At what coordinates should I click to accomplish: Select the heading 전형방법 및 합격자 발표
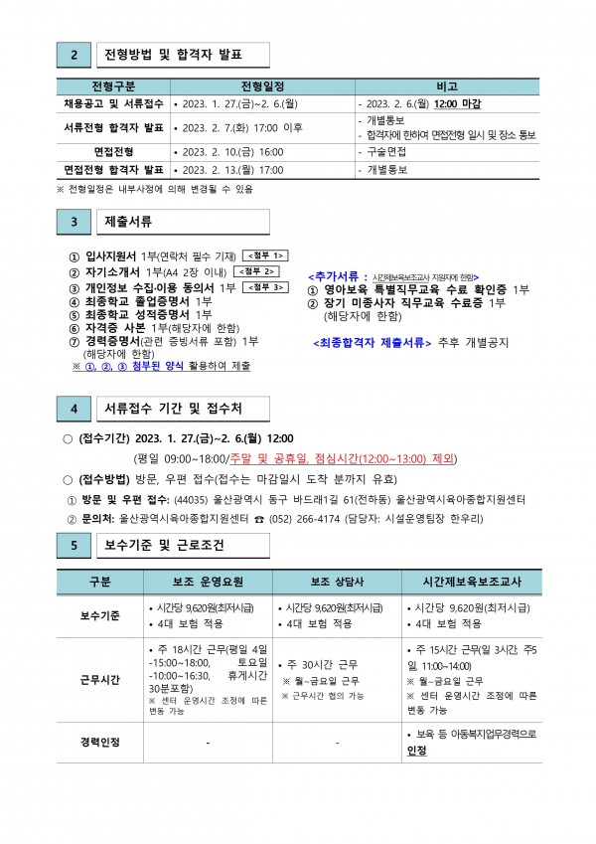[174, 53]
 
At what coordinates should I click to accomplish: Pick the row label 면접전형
[112, 151]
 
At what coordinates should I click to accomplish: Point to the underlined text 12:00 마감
[458, 102]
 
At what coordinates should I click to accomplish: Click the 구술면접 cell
[385, 151]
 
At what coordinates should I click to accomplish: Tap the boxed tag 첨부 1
[265, 255]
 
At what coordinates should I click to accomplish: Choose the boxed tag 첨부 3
[265, 286]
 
